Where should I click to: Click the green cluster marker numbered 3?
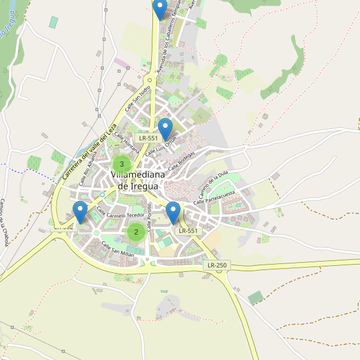point(122,164)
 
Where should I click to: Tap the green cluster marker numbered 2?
point(136,232)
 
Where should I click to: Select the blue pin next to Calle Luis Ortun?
point(165,129)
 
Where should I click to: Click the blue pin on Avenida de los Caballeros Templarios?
point(160,9)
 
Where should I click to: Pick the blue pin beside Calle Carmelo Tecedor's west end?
point(80,212)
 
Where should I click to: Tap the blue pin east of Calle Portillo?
point(173,213)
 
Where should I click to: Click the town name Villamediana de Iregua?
point(134,180)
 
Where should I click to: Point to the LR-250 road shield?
point(217,265)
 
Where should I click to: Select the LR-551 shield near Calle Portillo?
point(187,230)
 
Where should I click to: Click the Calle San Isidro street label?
point(137,100)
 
